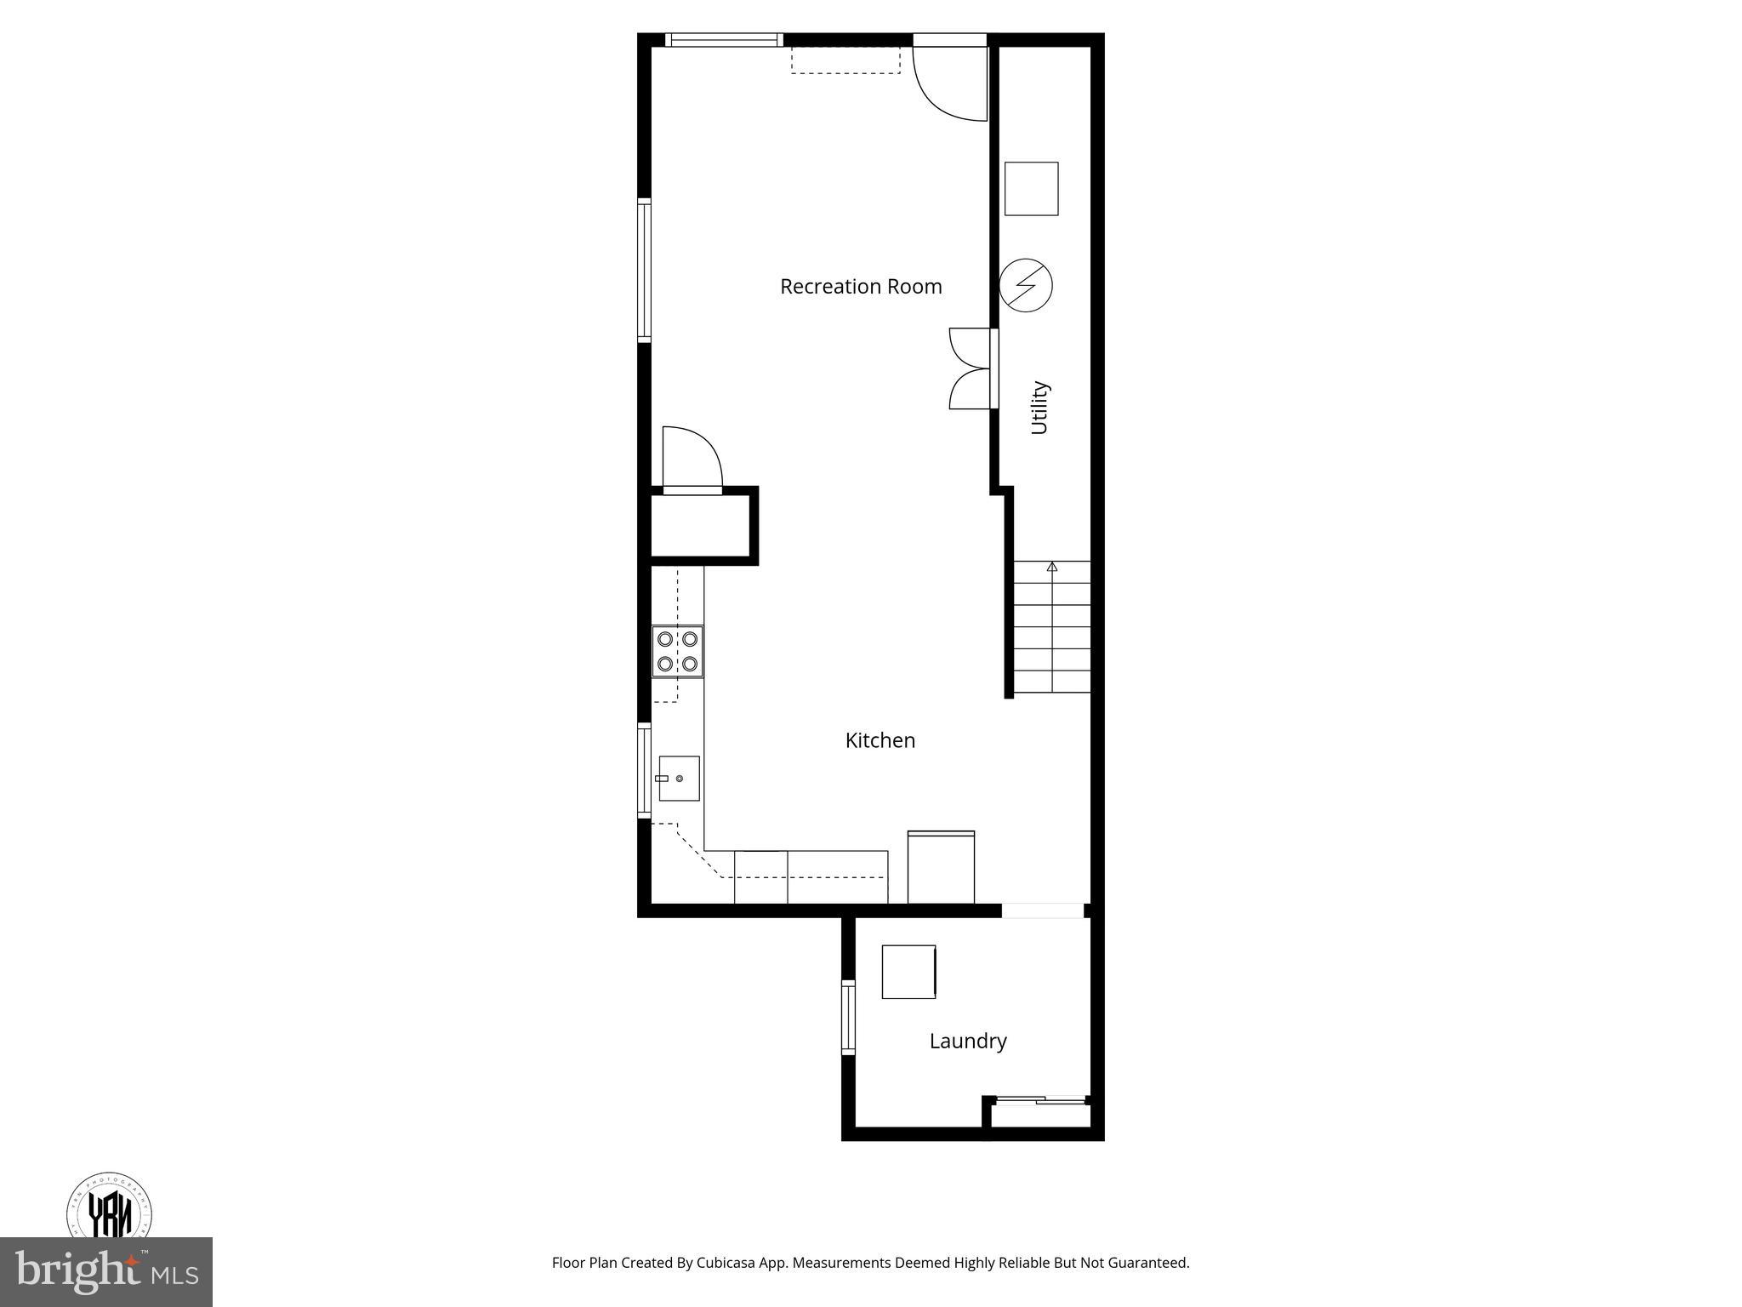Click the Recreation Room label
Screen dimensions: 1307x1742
click(x=861, y=287)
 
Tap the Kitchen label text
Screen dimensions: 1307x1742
click(x=880, y=740)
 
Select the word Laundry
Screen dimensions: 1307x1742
click(x=967, y=1041)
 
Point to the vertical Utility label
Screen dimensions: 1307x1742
click(x=1039, y=408)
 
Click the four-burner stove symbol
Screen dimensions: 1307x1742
click(x=678, y=651)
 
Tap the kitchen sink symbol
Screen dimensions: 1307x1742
click(x=679, y=779)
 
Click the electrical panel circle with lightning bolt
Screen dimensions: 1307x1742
click(x=1025, y=285)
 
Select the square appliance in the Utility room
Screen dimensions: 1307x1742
click(x=1031, y=189)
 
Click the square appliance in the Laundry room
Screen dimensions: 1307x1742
click(x=908, y=972)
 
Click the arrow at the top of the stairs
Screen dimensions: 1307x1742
click(x=1052, y=566)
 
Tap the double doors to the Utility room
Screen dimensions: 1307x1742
click(x=971, y=368)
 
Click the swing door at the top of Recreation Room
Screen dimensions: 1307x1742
click(x=950, y=81)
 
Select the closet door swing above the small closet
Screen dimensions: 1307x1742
click(x=692, y=459)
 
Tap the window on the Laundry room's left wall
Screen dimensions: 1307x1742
click(x=848, y=1018)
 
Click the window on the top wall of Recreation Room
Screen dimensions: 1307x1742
click(x=723, y=39)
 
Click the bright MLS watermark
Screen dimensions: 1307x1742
click(x=106, y=1272)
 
